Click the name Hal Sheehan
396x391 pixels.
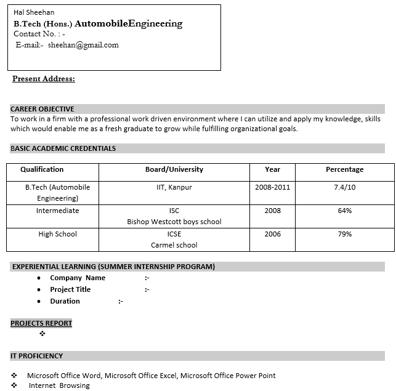click(34, 12)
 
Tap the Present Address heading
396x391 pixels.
click(44, 79)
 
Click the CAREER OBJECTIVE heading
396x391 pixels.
click(42, 109)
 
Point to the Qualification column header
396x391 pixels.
click(42, 169)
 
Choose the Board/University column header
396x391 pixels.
click(174, 169)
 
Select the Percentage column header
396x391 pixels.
click(344, 169)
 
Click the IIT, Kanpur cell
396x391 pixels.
click(174, 187)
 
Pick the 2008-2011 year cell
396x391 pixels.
click(272, 187)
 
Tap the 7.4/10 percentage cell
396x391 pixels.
click(344, 187)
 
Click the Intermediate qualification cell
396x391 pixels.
click(58, 211)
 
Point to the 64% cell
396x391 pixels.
click(344, 211)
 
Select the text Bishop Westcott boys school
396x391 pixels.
click(174, 222)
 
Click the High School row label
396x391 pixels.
click(58, 234)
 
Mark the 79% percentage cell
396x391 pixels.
click(344, 234)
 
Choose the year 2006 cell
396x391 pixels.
click(272, 234)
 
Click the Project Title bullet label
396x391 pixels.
click(70, 289)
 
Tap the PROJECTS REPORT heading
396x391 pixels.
click(41, 323)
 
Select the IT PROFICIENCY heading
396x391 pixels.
click(37, 356)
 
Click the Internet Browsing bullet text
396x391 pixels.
click(59, 385)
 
